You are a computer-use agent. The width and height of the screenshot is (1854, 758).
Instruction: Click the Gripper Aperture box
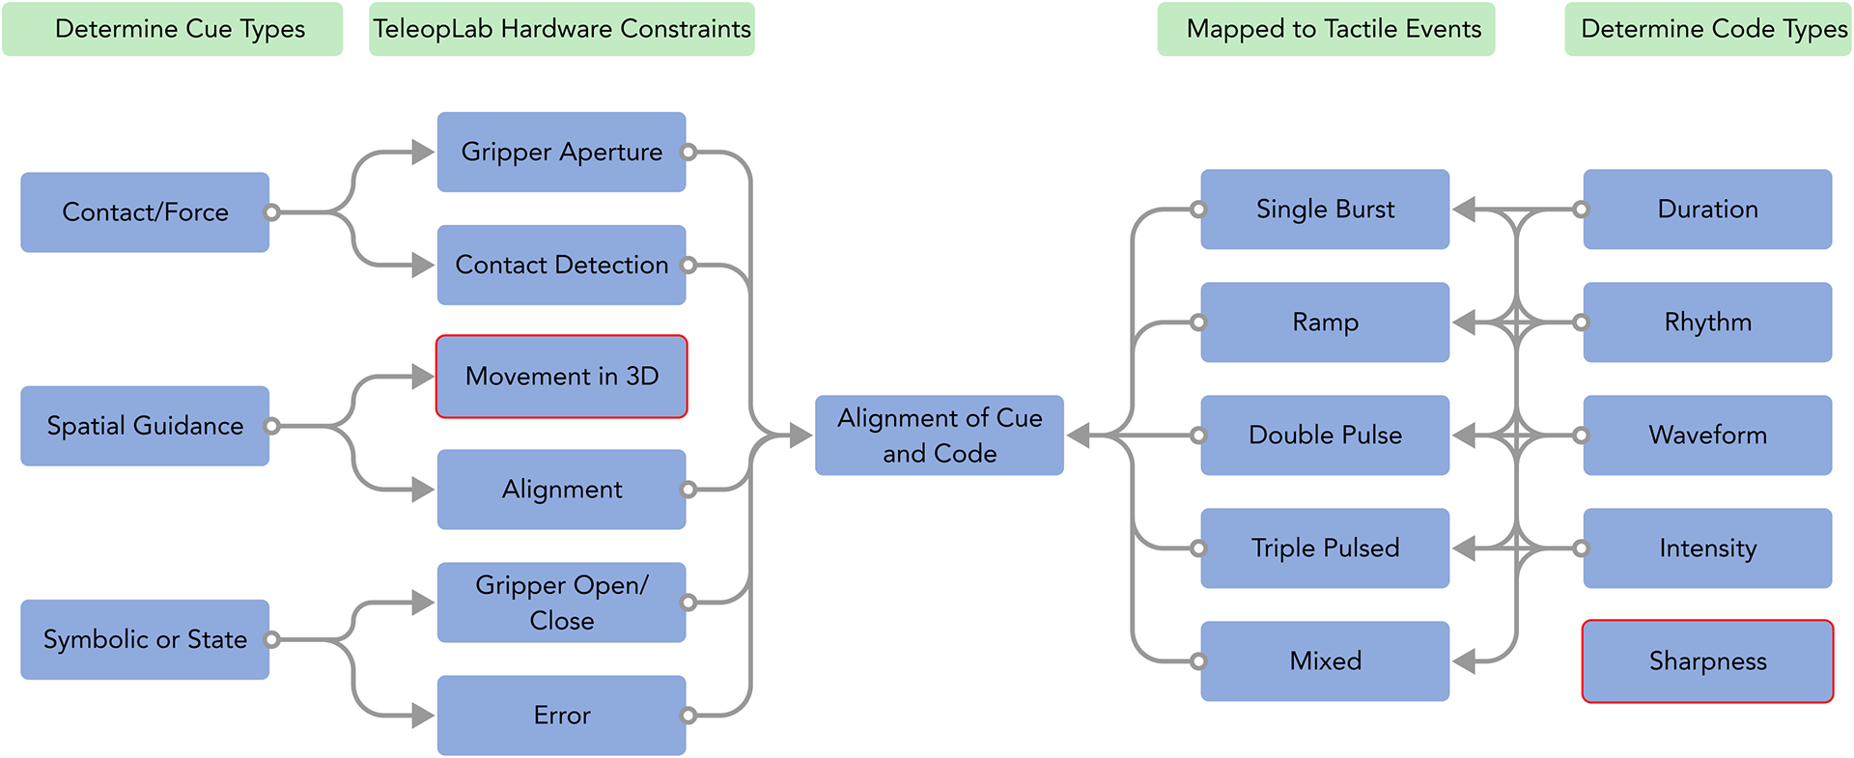pyautogui.click(x=561, y=152)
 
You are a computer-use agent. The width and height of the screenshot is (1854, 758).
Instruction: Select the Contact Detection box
pyautogui.click(x=561, y=265)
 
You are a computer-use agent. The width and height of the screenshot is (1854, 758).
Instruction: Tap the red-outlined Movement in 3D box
pyautogui.click(x=561, y=377)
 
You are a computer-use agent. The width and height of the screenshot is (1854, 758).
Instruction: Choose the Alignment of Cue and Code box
pyautogui.click(x=939, y=435)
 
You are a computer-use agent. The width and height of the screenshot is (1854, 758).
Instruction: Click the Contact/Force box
pyautogui.click(x=145, y=212)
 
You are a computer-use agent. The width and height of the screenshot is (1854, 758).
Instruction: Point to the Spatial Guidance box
pyautogui.click(x=145, y=426)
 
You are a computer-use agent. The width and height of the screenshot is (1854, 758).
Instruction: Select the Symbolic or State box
pyautogui.click(x=145, y=639)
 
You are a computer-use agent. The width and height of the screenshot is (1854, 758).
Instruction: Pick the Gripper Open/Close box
pyautogui.click(x=561, y=603)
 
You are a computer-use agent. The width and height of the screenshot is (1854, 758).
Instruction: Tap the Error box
pyautogui.click(x=561, y=716)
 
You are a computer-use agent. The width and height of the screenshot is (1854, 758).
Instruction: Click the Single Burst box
pyautogui.click(x=1325, y=210)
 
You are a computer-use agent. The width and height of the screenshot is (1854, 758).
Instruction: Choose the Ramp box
pyautogui.click(x=1325, y=323)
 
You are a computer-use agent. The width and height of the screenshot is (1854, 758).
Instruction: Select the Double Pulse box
pyautogui.click(x=1325, y=435)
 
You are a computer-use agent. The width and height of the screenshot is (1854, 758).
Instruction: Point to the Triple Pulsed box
pyautogui.click(x=1325, y=548)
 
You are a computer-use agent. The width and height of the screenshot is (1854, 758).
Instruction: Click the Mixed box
pyautogui.click(x=1325, y=661)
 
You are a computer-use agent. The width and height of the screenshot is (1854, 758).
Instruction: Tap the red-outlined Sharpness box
pyautogui.click(x=1707, y=661)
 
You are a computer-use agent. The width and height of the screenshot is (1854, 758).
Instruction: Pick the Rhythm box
pyautogui.click(x=1707, y=323)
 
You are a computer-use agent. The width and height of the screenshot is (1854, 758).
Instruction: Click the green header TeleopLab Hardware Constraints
pyautogui.click(x=562, y=29)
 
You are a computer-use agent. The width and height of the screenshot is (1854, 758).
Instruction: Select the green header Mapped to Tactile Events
pyautogui.click(x=1326, y=29)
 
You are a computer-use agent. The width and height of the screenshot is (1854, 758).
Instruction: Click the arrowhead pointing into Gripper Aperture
pyautogui.click(x=422, y=152)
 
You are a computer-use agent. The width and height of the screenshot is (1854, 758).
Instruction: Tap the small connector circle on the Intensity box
pyautogui.click(x=1581, y=548)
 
